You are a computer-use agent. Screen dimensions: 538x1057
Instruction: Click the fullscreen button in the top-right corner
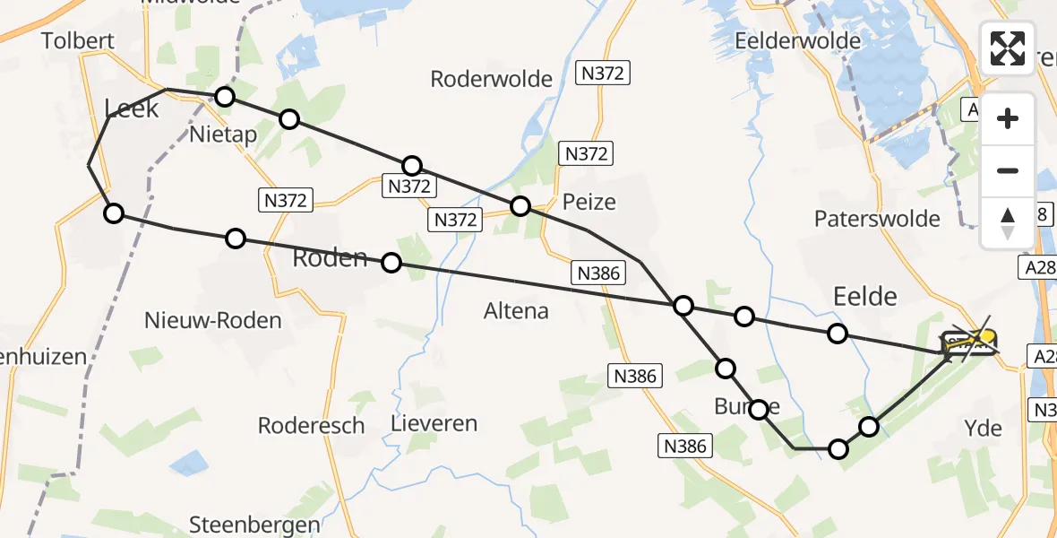coord(1008,48)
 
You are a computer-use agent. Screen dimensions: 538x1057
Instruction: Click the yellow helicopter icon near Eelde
coord(984,337)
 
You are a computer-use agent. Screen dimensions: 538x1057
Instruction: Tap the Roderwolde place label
coord(491,79)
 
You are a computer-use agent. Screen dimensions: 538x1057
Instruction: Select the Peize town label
coord(589,202)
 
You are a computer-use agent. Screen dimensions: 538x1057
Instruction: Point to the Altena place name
coord(516,311)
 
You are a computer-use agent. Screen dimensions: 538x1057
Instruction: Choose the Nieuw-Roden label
coord(213,320)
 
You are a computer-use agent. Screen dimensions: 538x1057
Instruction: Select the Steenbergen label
coord(255,525)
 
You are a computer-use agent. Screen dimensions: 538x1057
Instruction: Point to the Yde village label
coord(984,429)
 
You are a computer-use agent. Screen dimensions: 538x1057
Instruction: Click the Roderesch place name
coord(311,425)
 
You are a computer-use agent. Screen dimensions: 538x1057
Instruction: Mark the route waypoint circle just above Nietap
coord(225,97)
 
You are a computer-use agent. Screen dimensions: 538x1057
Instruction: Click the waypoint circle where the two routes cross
coord(683,307)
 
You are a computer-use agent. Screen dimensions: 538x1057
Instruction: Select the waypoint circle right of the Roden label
coord(391,263)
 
